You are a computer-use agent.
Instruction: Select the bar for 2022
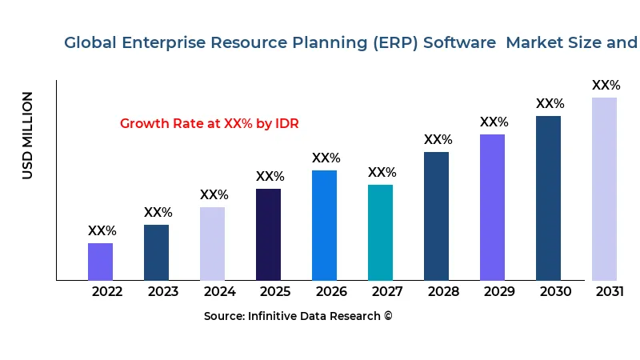pyautogui.click(x=100, y=262)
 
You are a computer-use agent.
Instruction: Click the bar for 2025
pyautogui.click(x=268, y=234)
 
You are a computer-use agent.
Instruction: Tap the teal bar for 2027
pyautogui.click(x=380, y=232)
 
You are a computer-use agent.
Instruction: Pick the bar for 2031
pyautogui.click(x=604, y=189)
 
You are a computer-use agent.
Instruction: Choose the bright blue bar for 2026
pyautogui.click(x=324, y=225)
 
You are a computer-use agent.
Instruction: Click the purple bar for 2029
pyautogui.click(x=492, y=207)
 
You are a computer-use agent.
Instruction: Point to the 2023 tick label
pyautogui.click(x=163, y=292)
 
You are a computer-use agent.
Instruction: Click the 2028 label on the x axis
pyautogui.click(x=443, y=292)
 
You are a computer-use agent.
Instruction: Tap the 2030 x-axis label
pyautogui.click(x=555, y=292)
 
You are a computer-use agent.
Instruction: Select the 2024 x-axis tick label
pyautogui.click(x=219, y=292)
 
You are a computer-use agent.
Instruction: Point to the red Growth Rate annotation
pyautogui.click(x=209, y=124)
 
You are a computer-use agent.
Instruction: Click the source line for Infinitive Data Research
pyautogui.click(x=298, y=317)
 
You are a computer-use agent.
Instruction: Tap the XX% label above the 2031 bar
pyautogui.click(x=606, y=86)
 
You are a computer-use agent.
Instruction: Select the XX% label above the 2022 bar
pyautogui.click(x=102, y=231)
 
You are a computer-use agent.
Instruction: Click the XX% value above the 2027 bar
pyautogui.click(x=382, y=173)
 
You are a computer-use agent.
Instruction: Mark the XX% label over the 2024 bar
pyautogui.click(x=214, y=195)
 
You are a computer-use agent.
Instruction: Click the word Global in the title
pyautogui.click(x=90, y=43)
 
